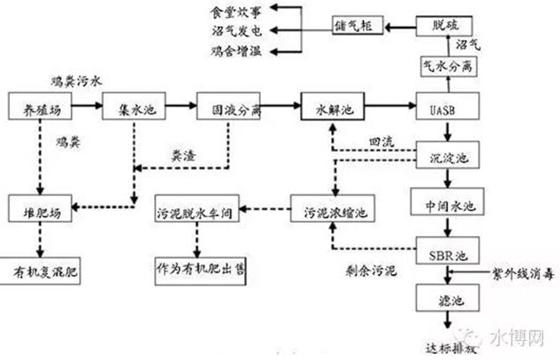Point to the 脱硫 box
444,27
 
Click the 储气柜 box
355,27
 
